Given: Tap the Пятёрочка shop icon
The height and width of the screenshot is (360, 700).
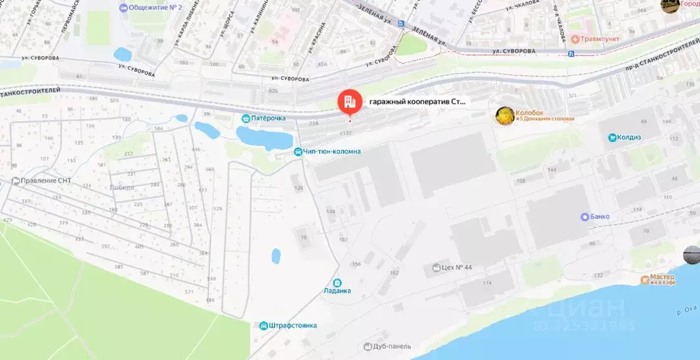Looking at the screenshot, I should (245, 118).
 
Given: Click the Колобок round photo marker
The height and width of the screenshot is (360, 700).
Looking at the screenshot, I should (504, 115).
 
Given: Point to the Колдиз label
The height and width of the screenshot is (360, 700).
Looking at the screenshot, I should (629, 137).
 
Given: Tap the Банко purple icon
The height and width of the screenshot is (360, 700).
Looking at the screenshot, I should (584, 217).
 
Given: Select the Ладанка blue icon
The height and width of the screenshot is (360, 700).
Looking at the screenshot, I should (337, 283).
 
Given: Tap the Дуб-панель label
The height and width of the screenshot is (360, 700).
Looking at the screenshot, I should (392, 346).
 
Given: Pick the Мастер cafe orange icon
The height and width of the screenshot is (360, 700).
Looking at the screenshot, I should (645, 279).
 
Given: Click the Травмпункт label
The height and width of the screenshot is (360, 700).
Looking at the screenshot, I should (600, 39).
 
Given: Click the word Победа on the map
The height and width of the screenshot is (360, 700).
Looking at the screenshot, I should (122, 186).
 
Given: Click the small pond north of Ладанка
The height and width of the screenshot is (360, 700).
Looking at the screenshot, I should (275, 256).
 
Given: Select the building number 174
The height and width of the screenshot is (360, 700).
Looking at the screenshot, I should (487, 282).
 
